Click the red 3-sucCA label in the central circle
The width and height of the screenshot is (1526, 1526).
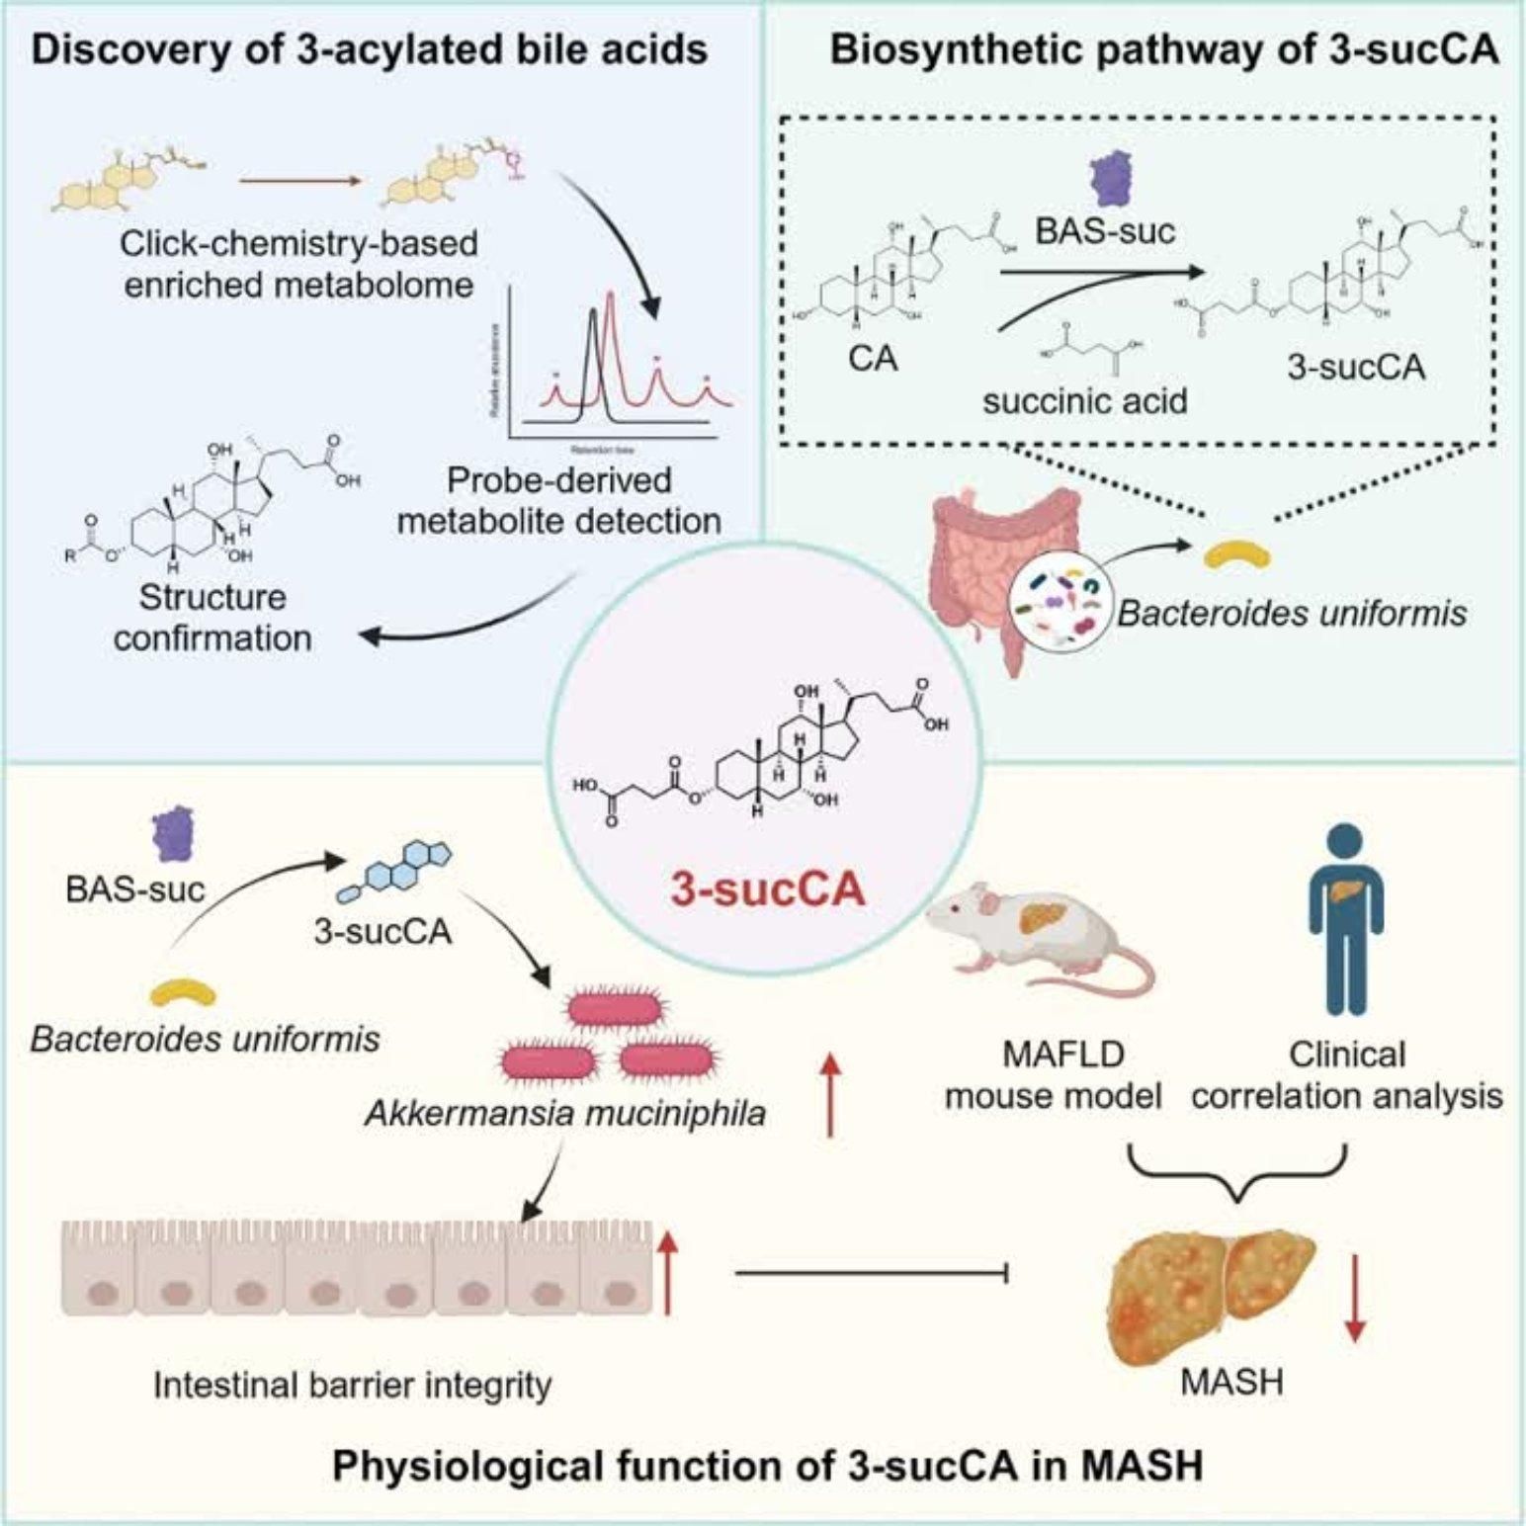(768, 890)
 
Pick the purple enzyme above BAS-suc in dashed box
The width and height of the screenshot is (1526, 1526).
(1110, 180)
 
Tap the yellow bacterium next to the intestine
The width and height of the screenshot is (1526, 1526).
(1236, 555)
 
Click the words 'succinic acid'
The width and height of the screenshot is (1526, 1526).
(1084, 401)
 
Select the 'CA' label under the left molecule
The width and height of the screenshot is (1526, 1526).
(873, 358)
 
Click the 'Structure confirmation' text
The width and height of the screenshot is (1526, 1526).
(212, 618)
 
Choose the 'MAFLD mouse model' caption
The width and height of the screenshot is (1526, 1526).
(1053, 1075)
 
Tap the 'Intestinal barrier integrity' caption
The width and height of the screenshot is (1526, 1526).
(352, 1385)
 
